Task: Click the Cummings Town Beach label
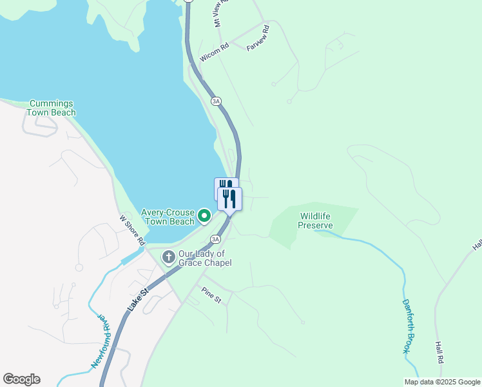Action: (x=51, y=108)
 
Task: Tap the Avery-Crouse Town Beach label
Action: (x=169, y=217)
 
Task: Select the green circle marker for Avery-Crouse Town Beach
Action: (x=204, y=216)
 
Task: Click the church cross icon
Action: (x=168, y=258)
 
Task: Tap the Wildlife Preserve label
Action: (x=315, y=221)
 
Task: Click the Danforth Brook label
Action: (x=408, y=326)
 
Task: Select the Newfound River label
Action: (x=102, y=342)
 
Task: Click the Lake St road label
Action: (x=138, y=301)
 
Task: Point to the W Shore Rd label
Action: (x=132, y=229)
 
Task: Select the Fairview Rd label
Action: (x=257, y=38)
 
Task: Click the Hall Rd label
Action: (x=440, y=352)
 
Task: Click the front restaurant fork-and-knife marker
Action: (x=230, y=198)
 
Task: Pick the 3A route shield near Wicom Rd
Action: (x=216, y=101)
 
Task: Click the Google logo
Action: (x=21, y=379)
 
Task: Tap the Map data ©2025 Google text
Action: (x=441, y=382)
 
